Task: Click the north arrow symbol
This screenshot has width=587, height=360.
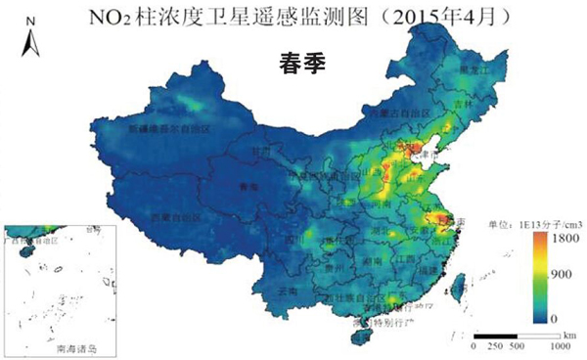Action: coord(29,39)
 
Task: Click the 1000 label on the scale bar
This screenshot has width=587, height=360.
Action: coord(560,345)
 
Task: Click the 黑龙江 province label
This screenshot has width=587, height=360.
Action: coord(471,71)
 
